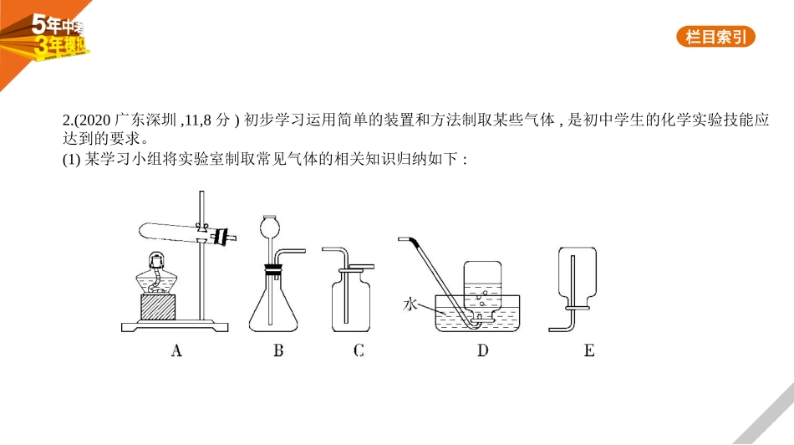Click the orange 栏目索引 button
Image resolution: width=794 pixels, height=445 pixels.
[715, 37]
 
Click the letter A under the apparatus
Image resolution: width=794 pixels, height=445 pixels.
[176, 350]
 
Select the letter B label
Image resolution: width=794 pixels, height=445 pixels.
[278, 350]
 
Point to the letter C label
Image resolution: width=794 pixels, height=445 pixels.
[359, 350]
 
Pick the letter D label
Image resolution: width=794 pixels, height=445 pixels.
[482, 350]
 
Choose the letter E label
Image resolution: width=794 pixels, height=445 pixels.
[589, 350]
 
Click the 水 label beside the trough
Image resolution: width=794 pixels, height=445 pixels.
[410, 304]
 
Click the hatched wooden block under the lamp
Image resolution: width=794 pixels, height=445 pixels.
[158, 307]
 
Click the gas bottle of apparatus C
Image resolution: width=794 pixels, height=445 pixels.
[351, 302]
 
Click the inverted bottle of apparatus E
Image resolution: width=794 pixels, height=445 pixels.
[578, 278]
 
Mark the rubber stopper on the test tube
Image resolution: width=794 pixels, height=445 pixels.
[221, 237]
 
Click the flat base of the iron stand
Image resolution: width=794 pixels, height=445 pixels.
[175, 327]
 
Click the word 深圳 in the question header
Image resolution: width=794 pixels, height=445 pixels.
[161, 120]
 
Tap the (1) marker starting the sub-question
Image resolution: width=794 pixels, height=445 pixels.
[71, 159]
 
